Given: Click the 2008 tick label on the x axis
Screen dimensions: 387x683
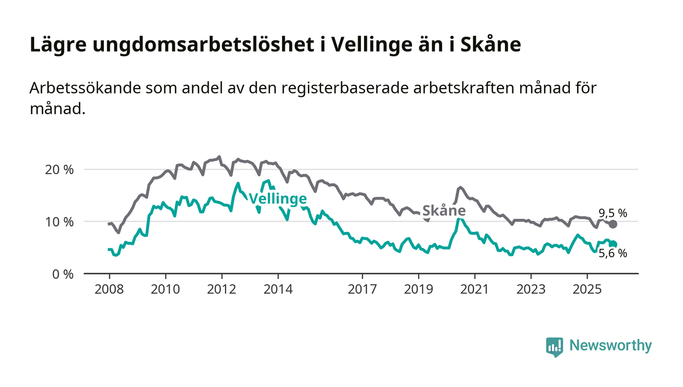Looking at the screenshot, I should pyautogui.click(x=108, y=289).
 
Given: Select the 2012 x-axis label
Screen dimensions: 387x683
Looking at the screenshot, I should pyautogui.click(x=221, y=289).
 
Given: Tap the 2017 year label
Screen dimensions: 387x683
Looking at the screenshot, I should pyautogui.click(x=362, y=289).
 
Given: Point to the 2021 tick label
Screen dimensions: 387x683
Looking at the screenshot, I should pyautogui.click(x=475, y=289).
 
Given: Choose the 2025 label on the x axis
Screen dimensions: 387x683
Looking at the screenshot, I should pyautogui.click(x=587, y=289).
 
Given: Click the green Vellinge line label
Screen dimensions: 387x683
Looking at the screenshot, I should pyautogui.click(x=278, y=199).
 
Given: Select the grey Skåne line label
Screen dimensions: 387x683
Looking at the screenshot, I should pyautogui.click(x=443, y=211).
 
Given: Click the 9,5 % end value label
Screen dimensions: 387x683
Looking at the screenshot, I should pyautogui.click(x=613, y=213).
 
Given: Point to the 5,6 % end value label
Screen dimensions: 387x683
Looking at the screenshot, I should pyautogui.click(x=613, y=253).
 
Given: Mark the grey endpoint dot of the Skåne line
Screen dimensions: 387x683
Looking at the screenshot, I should pyautogui.click(x=613, y=224).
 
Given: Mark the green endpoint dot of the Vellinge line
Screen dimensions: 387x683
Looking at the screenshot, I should pyautogui.click(x=613, y=244).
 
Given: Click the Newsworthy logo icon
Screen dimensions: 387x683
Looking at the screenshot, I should pyautogui.click(x=554, y=347).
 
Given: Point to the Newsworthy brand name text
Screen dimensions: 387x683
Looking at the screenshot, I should pyautogui.click(x=610, y=346).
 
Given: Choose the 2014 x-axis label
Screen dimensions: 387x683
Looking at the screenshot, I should pyautogui.click(x=278, y=289).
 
